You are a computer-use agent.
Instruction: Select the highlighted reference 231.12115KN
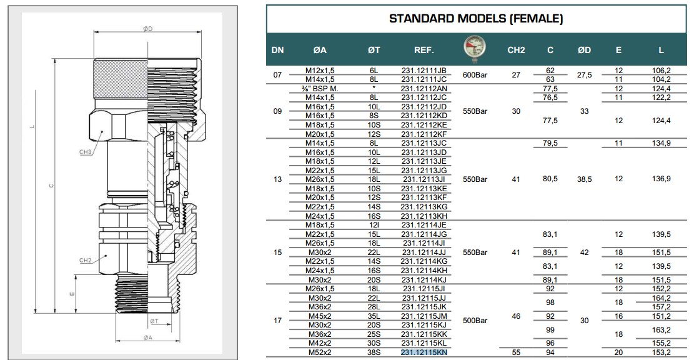424,352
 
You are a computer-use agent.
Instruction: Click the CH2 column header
516,50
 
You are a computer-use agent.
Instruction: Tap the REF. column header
424,50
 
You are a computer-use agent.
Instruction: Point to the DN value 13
277,179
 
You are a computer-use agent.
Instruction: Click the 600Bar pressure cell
475,75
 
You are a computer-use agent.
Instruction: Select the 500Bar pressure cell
475,321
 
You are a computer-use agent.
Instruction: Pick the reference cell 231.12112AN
424,89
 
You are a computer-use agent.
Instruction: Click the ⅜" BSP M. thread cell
320,89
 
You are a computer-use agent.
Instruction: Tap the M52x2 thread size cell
320,352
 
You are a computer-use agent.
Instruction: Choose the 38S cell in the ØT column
374,352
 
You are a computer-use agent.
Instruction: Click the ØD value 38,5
584,179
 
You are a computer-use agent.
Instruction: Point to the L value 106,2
662,71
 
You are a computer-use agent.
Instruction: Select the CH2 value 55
516,352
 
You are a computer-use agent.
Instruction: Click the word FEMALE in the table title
537,19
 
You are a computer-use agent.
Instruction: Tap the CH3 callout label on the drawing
86,152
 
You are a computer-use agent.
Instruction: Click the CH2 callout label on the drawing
86,261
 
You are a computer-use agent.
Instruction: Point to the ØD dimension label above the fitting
148,29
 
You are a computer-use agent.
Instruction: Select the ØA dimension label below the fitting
148,337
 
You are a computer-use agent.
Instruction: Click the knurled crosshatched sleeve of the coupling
121,78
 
